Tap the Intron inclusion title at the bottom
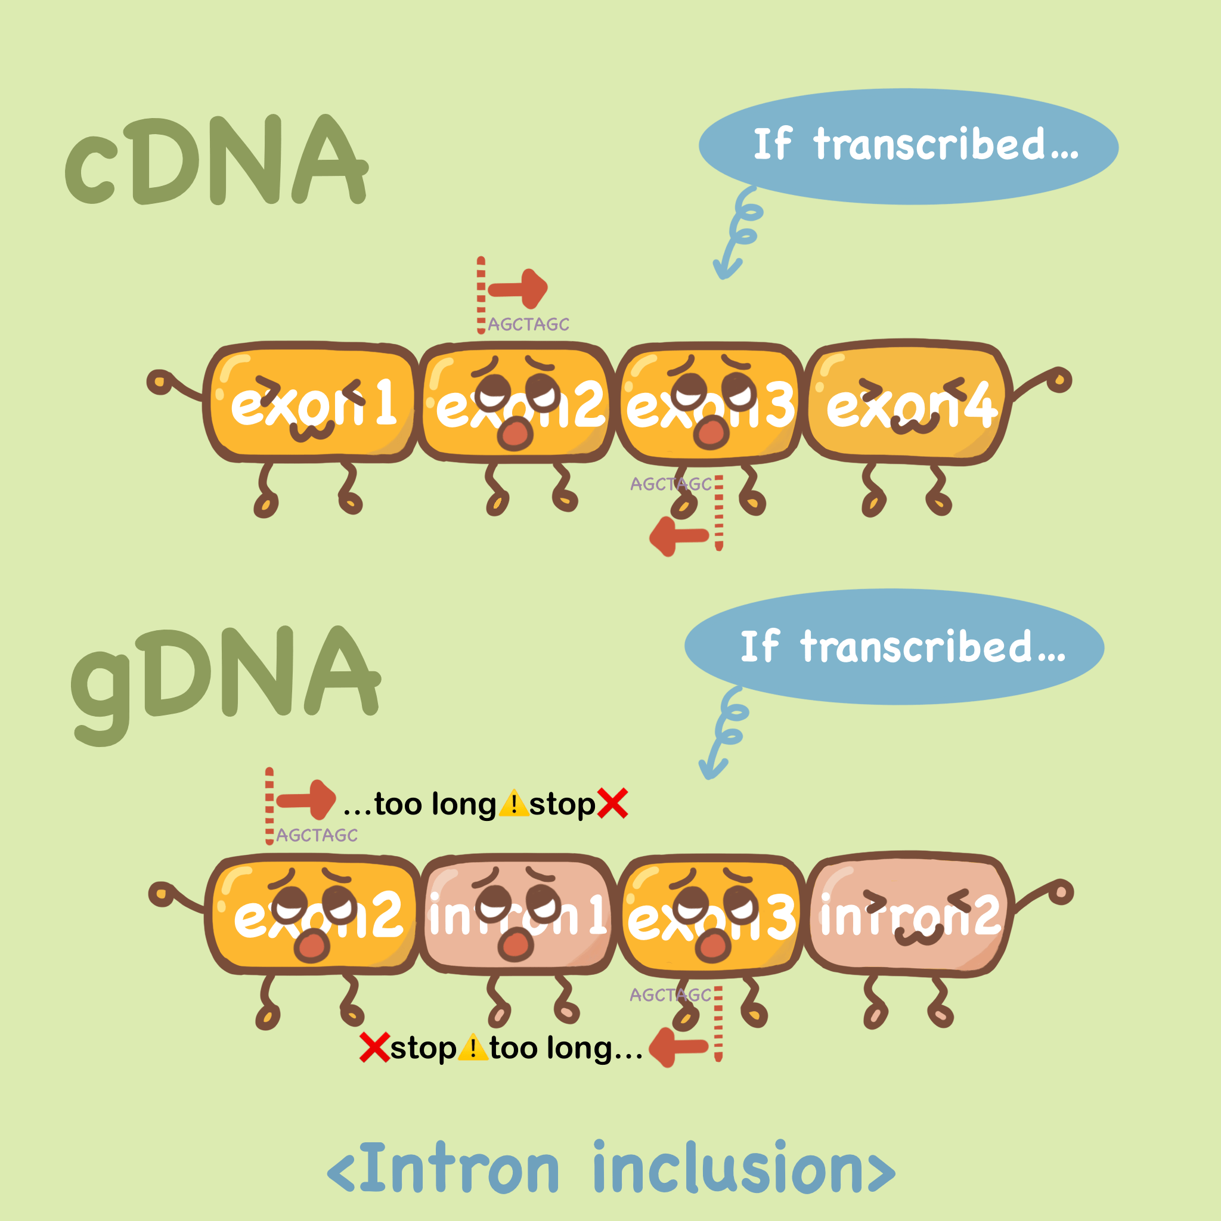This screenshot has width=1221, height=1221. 610,1169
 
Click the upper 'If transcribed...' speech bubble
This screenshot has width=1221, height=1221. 908,146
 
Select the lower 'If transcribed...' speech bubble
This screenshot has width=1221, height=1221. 894,646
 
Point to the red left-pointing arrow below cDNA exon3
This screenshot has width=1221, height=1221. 678,537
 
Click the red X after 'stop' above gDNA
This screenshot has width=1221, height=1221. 612,804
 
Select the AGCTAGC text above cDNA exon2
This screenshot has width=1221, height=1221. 528,324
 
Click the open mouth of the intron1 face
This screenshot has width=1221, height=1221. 516,944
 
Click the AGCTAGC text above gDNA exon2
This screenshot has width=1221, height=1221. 317,835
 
